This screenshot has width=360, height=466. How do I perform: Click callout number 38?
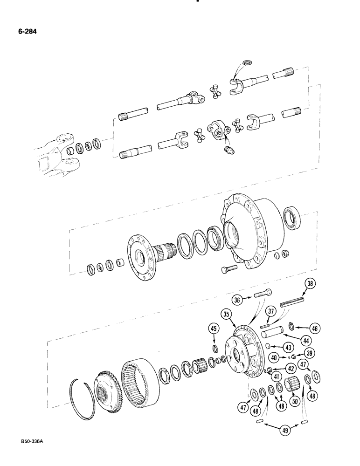pyautogui.click(x=310, y=283)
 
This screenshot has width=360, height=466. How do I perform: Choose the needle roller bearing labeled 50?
pyautogui.click(x=292, y=383)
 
